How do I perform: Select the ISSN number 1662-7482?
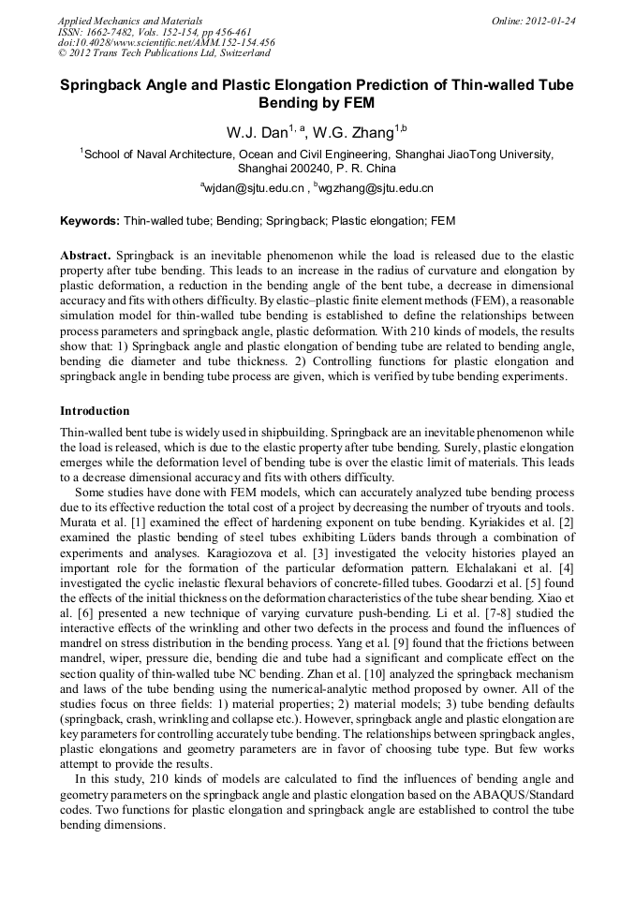[119, 32]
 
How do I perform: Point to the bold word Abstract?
[85, 256]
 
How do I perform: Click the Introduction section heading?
[95, 411]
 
